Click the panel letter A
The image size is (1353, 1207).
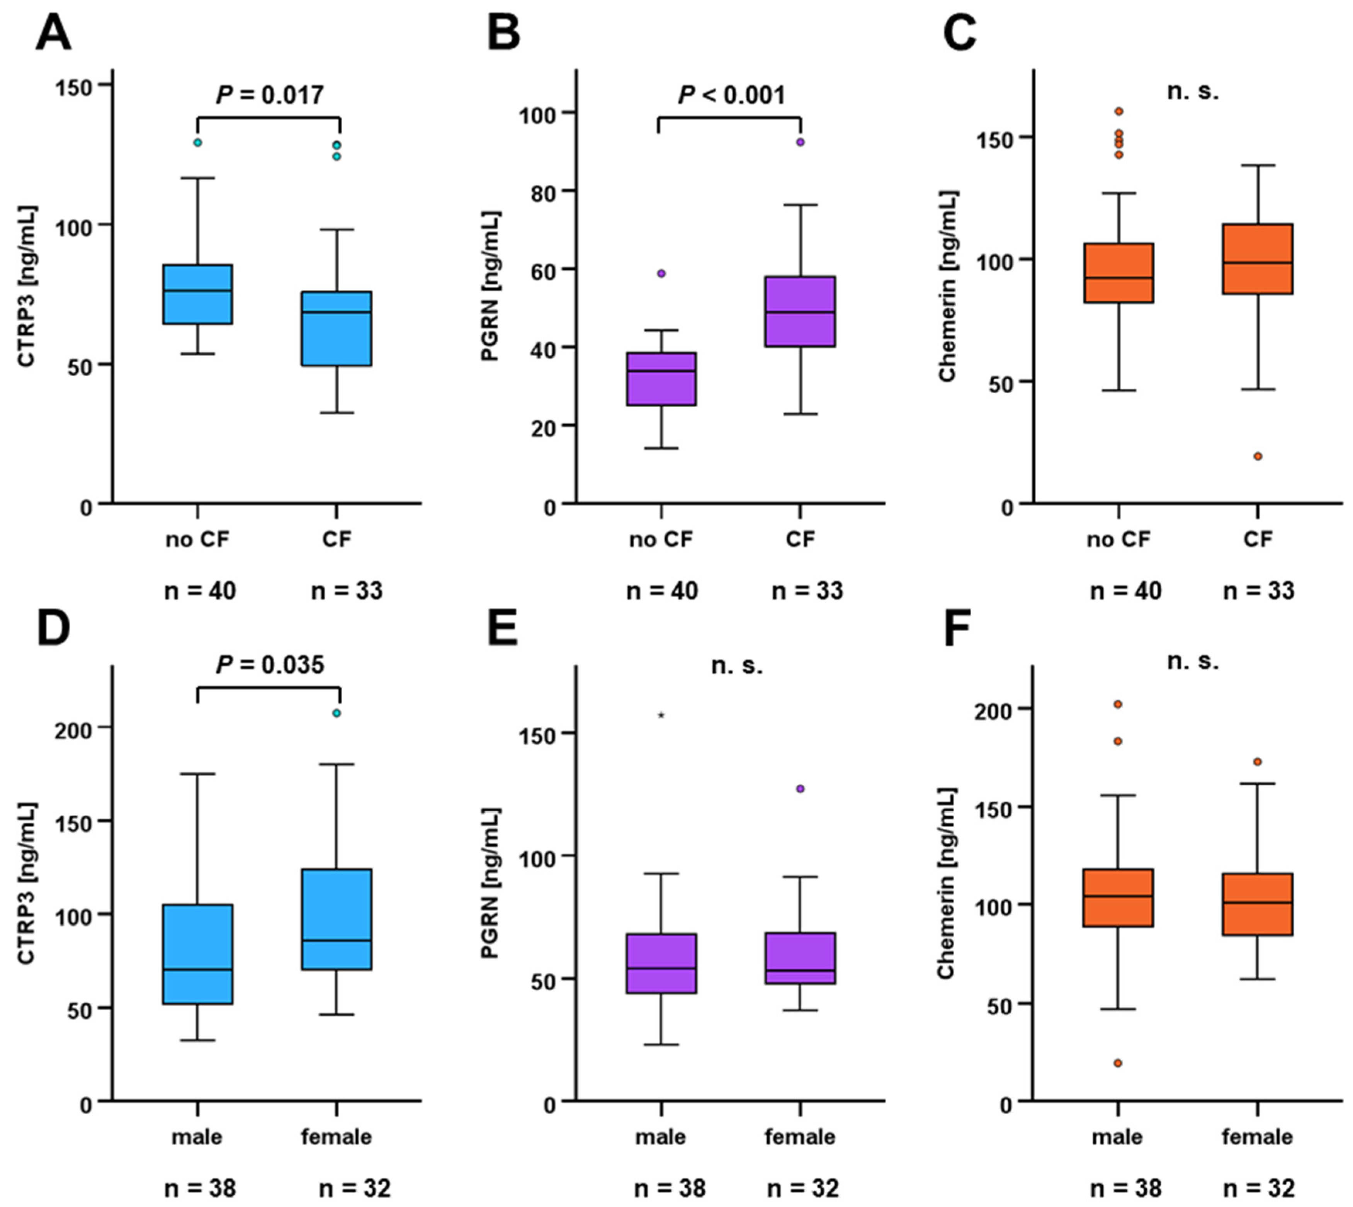click(53, 33)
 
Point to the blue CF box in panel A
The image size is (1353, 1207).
click(336, 328)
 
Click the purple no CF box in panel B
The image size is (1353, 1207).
click(661, 379)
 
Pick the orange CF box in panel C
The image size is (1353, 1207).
click(1258, 258)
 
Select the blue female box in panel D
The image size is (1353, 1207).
click(336, 919)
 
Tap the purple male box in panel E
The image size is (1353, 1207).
click(661, 964)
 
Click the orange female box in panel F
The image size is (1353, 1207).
click(1258, 904)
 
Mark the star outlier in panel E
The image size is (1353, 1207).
click(661, 715)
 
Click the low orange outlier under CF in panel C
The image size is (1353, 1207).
click(1258, 456)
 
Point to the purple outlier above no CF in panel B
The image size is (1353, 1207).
click(661, 273)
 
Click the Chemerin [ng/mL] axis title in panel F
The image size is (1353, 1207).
click(947, 883)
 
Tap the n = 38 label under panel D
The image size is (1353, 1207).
click(200, 1188)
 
